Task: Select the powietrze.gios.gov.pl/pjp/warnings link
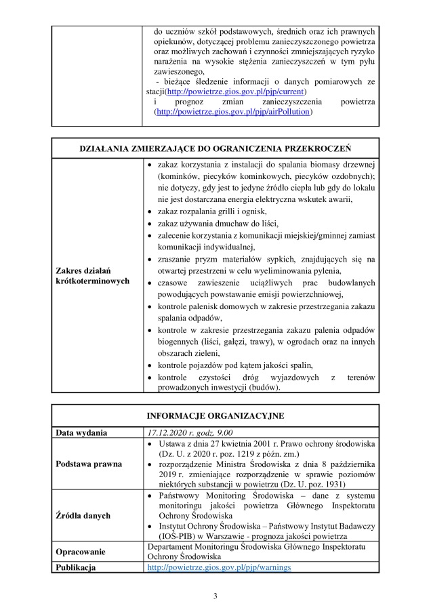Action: pyautogui.click(x=219, y=567)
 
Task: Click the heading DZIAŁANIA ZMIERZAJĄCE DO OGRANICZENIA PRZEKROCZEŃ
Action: pyautogui.click(x=215, y=149)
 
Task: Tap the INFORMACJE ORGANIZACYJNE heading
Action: pyautogui.click(x=215, y=415)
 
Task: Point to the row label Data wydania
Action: pyautogui.click(x=81, y=432)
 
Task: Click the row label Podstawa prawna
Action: pyautogui.click(x=89, y=464)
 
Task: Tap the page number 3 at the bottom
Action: pyautogui.click(x=215, y=596)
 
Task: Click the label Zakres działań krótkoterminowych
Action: pyautogui.click(x=92, y=276)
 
